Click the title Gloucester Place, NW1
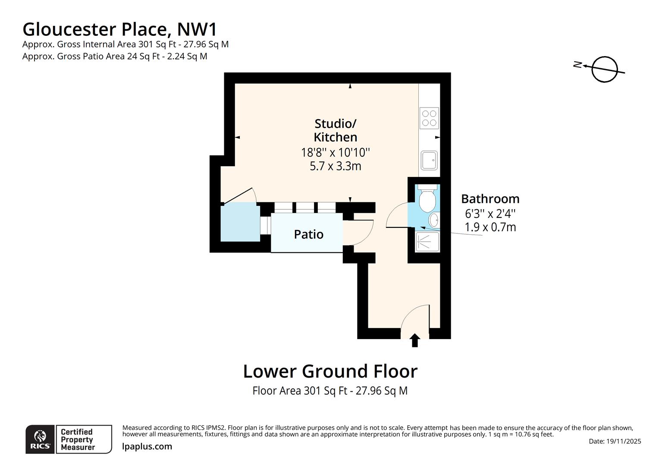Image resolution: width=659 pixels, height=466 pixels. [120, 29]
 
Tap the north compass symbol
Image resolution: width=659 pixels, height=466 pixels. [604, 69]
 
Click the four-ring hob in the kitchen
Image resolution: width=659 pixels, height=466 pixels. [429, 118]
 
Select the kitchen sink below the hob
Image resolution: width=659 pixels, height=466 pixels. [429, 161]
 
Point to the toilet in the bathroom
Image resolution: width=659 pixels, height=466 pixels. [427, 199]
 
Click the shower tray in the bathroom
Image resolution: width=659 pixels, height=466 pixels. [427, 242]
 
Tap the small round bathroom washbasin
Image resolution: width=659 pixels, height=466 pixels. [434, 220]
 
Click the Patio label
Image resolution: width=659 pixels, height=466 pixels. [308, 234]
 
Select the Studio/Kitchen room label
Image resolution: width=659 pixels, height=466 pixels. [335, 130]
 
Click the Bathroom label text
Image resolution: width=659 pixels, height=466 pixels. [490, 199]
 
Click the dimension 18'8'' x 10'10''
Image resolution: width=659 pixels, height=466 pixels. [335, 152]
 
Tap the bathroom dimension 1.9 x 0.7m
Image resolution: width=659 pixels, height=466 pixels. [490, 227]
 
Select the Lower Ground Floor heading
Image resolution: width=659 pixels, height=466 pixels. [330, 371]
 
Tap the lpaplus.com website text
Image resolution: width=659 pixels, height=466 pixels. [147, 447]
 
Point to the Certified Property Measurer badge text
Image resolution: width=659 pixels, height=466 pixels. [78, 439]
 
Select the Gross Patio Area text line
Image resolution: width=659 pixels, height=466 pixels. [115, 56]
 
